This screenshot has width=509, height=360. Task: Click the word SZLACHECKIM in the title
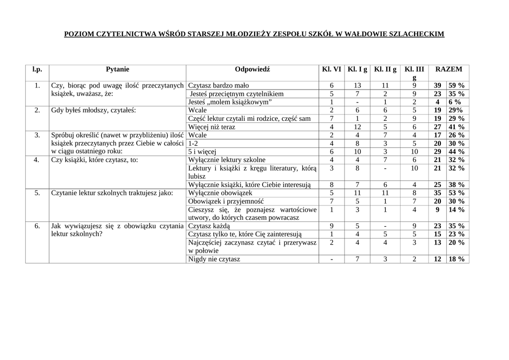pos(416,34)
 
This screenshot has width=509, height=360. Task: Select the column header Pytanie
pos(117,70)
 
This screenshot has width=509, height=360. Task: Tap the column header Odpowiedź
pos(253,70)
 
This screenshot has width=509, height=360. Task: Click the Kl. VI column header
pos(332,70)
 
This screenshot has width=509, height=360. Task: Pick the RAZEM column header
pos(448,70)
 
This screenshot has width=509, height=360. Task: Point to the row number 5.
pos(37,193)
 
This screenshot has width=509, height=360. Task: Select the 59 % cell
pos(456,85)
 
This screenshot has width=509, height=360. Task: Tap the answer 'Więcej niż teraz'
pos(212,127)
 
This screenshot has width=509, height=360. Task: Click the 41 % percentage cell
pos(456,127)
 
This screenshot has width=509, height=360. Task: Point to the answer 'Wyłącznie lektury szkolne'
pos(227,160)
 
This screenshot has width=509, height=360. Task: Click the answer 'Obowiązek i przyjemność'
pos(226,201)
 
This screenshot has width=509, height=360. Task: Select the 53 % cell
pos(456,193)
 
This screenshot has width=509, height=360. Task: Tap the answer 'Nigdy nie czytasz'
pos(214,259)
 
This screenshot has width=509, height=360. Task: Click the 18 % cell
pos(456,259)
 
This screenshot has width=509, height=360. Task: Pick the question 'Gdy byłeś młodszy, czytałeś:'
pos(93,110)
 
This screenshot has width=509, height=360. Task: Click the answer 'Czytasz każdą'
pos(209,226)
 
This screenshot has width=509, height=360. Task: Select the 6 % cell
pos(456,102)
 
